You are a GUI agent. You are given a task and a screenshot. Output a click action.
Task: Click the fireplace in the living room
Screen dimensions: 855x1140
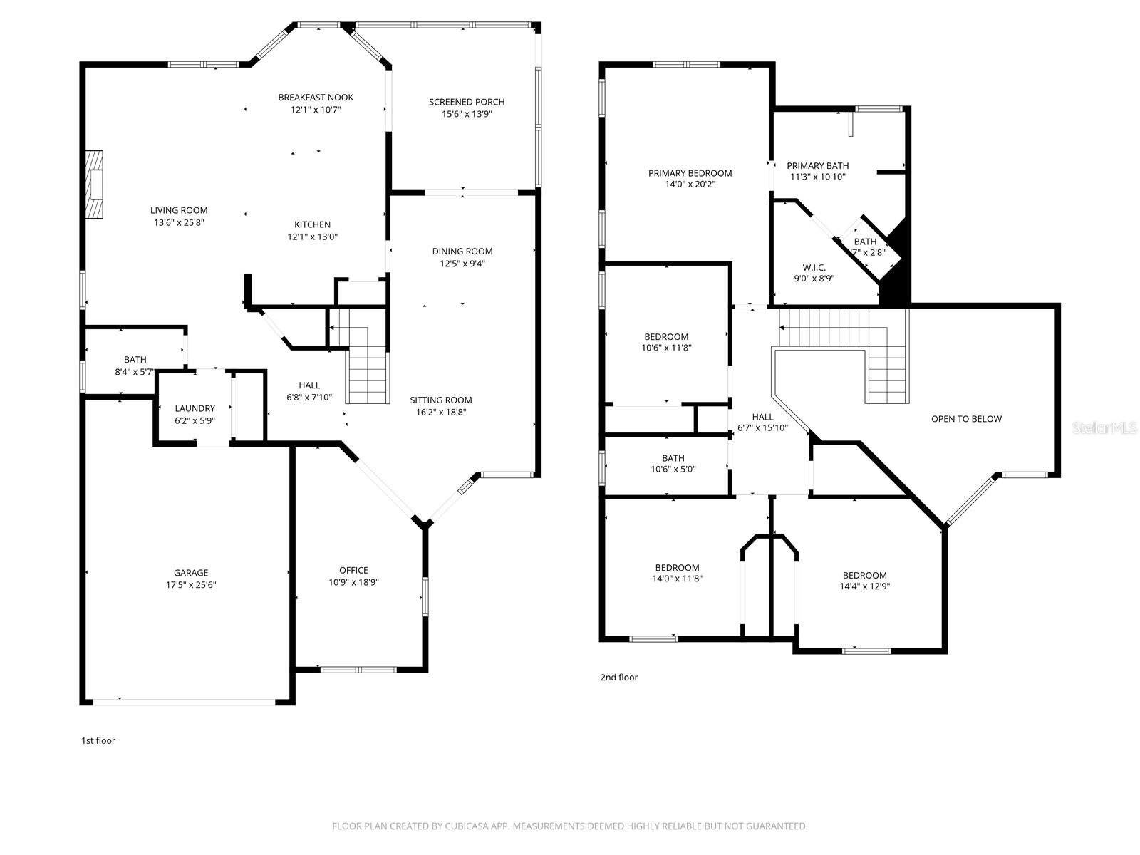pos(94,187)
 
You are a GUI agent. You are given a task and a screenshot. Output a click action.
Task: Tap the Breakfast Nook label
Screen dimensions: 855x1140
pos(316,98)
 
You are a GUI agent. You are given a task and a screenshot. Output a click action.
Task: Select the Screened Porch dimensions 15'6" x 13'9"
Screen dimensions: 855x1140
pos(467,114)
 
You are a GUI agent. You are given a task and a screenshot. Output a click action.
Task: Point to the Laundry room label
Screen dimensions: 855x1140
pos(195,408)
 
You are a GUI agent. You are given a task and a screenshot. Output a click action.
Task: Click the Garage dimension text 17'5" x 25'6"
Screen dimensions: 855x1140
pos(191,585)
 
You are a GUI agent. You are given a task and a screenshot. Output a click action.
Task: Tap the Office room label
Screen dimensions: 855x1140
pos(353,570)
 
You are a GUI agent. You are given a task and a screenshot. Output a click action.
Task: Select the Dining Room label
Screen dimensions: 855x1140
pos(462,252)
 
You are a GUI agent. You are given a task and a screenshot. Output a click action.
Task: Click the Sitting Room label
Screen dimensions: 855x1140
pos(441,400)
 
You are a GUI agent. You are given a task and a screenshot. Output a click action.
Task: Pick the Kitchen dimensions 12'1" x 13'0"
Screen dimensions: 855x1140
pos(312,237)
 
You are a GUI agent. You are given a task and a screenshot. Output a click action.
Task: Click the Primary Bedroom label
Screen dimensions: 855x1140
pos(690,173)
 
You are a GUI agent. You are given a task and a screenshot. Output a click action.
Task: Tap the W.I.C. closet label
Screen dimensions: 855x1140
pos(814,267)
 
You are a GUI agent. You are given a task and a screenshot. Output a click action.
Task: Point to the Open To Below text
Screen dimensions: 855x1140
pos(966,419)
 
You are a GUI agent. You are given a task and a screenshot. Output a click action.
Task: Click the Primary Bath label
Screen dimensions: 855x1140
pos(817,166)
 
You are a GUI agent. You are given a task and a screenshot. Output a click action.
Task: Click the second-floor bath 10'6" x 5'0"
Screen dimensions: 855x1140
pos(673,464)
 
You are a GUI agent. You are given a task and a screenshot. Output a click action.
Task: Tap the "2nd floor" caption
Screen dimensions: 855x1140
pos(618,678)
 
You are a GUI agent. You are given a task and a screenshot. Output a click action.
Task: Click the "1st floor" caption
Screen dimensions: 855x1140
pos(98,741)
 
